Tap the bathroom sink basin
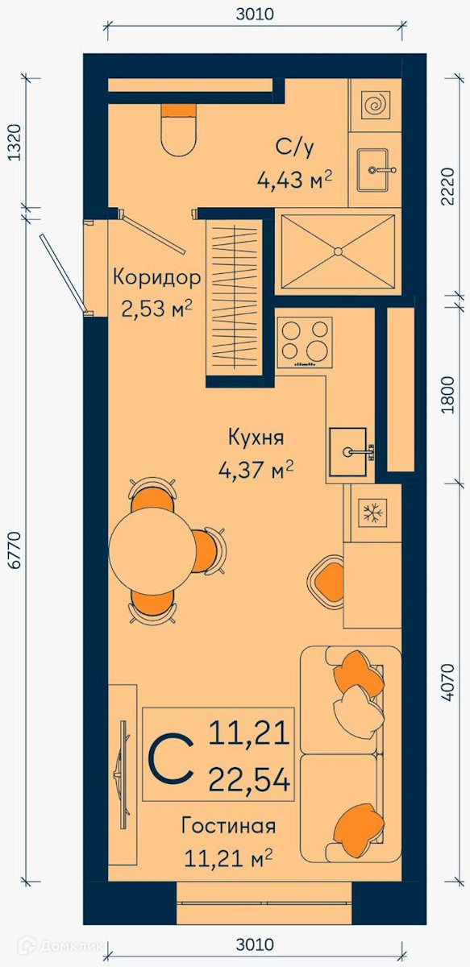click(372, 170)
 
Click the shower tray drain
click(339, 251)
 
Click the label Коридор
click(157, 277)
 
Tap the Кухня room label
click(256, 438)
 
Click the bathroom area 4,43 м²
click(294, 179)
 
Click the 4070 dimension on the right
click(449, 682)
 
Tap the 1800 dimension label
click(449, 395)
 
